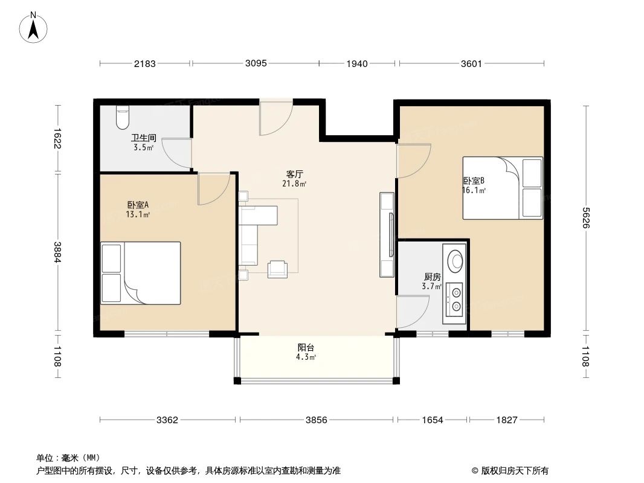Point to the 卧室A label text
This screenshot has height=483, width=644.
pyautogui.click(x=138, y=205)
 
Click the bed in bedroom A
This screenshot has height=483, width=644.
pyautogui.click(x=141, y=273)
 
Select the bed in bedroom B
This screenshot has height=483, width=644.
pyautogui.click(x=502, y=188)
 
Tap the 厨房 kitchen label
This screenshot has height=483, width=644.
pyautogui.click(x=432, y=277)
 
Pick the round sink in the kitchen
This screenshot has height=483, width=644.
pyautogui.click(x=455, y=260)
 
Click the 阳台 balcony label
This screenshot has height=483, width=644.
pyautogui.click(x=306, y=348)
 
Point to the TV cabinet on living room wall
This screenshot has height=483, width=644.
pyautogui.click(x=387, y=234)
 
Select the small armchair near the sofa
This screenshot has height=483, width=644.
pyautogui.click(x=278, y=269)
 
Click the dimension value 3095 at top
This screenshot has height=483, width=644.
pyautogui.click(x=256, y=63)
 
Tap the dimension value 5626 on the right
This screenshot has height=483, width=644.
pyautogui.click(x=585, y=219)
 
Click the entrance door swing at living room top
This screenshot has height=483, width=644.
pyautogui.click(x=275, y=119)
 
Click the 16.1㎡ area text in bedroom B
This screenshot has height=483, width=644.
pyautogui.click(x=474, y=190)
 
